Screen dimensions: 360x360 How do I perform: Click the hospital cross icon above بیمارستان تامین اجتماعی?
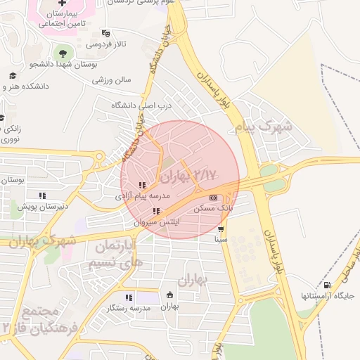point(62,4)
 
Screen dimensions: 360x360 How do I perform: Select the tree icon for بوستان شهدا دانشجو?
point(63,53)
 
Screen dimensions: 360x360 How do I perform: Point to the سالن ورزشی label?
point(111,80)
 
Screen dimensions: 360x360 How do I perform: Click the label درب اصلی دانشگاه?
point(141,105)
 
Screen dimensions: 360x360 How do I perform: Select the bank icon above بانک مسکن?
point(214,198)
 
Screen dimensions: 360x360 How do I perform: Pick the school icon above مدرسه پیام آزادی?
point(142,186)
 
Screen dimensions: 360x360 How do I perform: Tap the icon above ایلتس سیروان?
point(156,211)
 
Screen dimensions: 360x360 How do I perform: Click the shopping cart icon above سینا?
point(221,229)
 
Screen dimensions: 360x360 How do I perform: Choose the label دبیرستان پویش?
point(44,206)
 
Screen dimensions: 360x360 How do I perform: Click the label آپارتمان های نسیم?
point(113,255)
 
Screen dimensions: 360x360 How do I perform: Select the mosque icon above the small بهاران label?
point(169,295)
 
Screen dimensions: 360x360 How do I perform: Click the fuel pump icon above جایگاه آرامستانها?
point(328,285)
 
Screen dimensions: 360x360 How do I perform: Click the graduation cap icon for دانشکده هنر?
point(12,75)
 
